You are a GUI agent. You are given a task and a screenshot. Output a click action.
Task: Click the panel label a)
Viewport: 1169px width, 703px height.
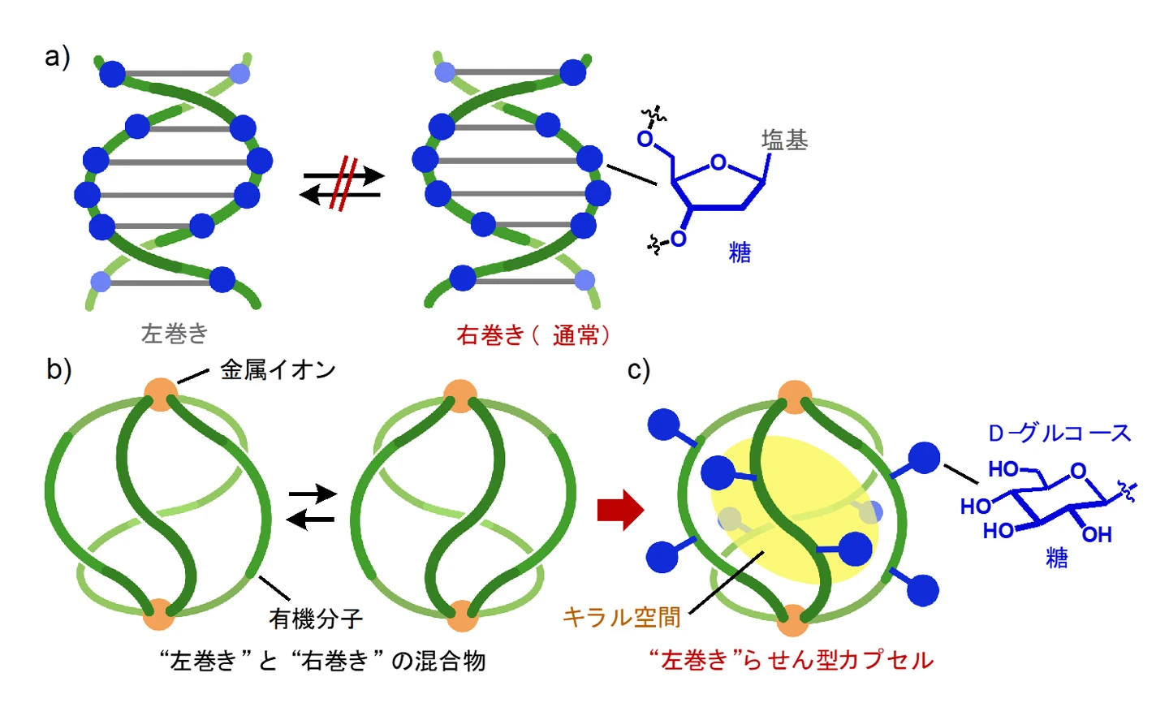[57, 58]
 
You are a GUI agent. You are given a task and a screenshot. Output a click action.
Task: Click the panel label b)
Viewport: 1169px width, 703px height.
[58, 369]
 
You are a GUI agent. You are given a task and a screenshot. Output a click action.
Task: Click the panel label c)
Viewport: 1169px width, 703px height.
[639, 369]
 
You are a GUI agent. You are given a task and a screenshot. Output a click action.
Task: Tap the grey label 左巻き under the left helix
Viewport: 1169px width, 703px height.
[175, 333]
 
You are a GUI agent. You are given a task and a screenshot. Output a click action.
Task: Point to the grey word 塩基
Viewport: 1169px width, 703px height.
[784, 140]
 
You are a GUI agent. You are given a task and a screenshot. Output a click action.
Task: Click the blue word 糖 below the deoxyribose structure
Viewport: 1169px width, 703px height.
[740, 252]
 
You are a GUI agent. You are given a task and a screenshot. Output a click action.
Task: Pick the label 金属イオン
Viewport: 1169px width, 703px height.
[278, 370]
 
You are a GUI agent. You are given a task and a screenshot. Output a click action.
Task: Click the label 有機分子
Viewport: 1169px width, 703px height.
[316, 619]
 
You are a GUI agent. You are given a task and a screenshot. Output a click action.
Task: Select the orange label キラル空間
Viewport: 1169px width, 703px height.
[621, 618]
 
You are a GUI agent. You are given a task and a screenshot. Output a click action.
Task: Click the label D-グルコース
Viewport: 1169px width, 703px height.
[1059, 433]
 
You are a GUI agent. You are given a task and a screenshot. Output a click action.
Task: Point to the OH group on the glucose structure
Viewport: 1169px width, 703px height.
[1097, 534]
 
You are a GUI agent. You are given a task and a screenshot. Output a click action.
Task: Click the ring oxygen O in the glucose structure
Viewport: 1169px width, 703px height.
[1077, 471]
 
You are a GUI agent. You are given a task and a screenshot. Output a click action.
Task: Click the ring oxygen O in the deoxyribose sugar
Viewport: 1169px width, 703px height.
[718, 163]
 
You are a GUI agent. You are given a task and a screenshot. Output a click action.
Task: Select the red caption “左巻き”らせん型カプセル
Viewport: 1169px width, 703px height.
[791, 660]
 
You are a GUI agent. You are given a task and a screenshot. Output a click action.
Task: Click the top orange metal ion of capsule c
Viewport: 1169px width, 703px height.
[794, 395]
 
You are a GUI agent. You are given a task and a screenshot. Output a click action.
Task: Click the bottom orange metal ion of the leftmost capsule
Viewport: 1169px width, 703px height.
[159, 615]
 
